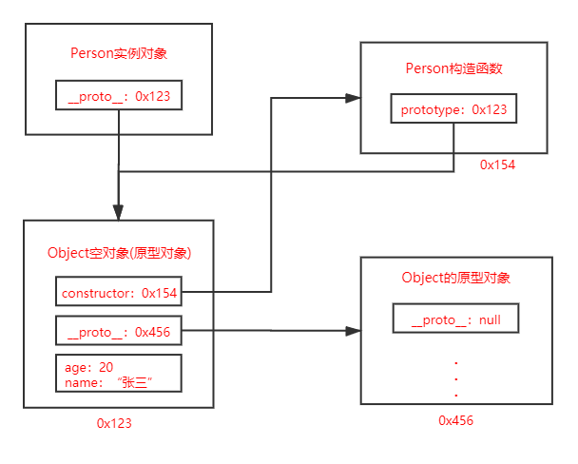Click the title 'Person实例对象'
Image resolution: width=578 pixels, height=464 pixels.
pos(119,53)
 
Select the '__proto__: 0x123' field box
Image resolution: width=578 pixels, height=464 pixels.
pos(118,96)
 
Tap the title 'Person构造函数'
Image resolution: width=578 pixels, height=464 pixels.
pos(453,68)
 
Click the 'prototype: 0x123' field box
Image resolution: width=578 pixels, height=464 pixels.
pos(453,110)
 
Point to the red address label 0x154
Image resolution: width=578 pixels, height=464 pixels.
pos(497,164)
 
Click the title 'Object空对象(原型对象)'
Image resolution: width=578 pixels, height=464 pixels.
pos(119,253)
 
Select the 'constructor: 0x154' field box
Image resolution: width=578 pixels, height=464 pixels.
pos(119,294)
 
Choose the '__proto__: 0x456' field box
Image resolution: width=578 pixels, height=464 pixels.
pos(119,332)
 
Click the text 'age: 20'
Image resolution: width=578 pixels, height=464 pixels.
pos(87,366)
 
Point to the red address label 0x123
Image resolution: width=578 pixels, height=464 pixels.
pos(114,423)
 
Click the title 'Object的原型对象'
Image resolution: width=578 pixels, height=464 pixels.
pos(456,278)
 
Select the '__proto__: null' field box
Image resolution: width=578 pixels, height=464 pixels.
pos(456,320)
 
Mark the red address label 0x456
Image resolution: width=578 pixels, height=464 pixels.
pos(455,420)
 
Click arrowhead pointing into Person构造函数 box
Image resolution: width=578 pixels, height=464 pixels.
pos(353,97)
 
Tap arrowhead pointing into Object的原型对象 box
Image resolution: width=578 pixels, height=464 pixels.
pos(353,331)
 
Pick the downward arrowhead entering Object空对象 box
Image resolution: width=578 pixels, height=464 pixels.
pos(118,212)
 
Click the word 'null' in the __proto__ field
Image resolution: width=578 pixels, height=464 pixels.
pos(490,320)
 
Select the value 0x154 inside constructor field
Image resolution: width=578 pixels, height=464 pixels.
pos(159,294)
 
